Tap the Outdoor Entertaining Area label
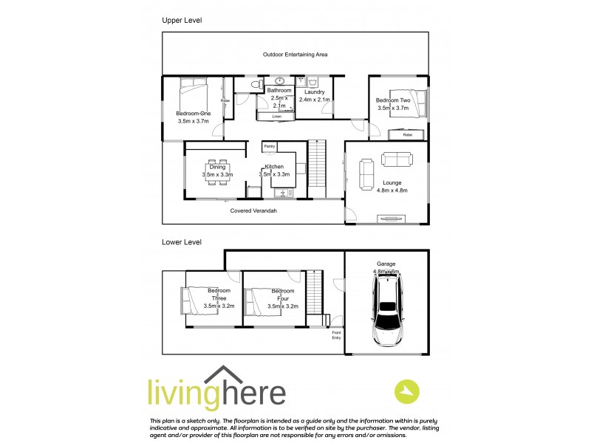(295, 55)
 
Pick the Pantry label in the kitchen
(270, 147)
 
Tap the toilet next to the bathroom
(255, 86)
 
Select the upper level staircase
(316, 168)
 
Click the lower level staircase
(315, 292)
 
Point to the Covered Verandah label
(253, 210)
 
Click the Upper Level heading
(182, 21)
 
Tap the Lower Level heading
(182, 241)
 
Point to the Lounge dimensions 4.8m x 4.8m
(392, 190)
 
